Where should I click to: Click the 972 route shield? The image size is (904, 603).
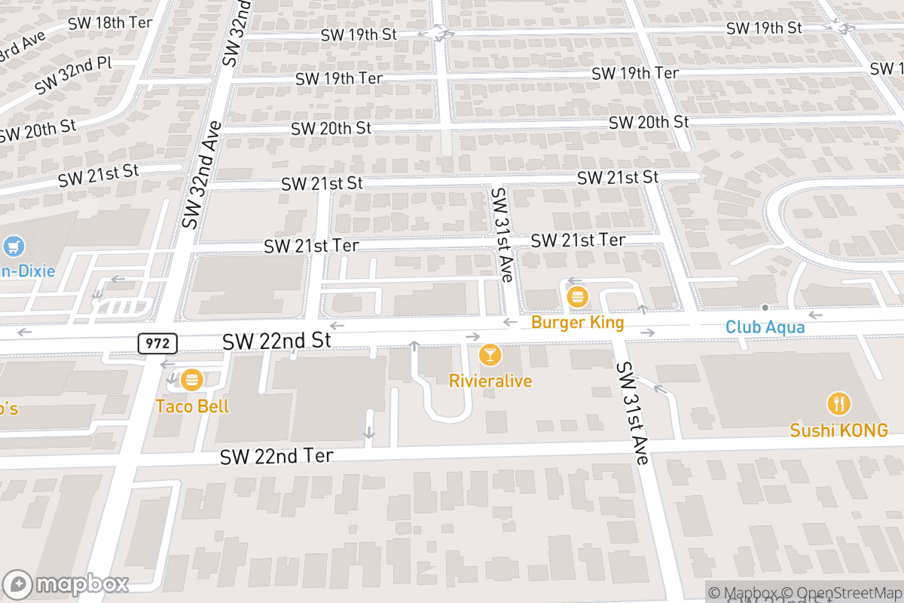point(157,344)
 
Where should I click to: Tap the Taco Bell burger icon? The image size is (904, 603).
point(192,379)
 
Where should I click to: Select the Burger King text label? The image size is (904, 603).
point(577,323)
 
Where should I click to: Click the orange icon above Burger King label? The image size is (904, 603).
point(578,297)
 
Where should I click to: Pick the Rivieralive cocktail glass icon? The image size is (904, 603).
point(490,354)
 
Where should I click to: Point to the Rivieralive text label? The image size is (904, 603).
point(490,381)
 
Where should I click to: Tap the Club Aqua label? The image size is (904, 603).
point(765,327)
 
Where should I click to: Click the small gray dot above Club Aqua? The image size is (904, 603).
point(765,308)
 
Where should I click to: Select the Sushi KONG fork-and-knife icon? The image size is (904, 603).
point(838,404)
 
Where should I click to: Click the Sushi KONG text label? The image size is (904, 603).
point(838,430)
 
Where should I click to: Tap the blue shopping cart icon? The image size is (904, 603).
point(14,246)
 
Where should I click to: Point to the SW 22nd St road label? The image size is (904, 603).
point(276,341)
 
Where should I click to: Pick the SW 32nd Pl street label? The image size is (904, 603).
point(74,75)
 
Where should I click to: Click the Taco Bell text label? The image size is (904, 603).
point(192,406)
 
